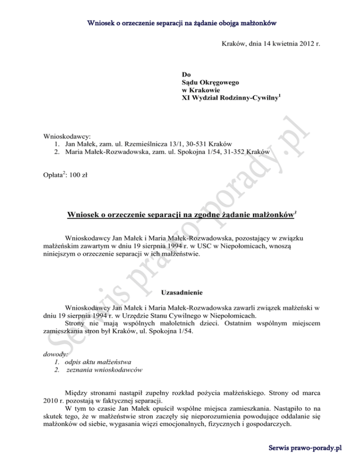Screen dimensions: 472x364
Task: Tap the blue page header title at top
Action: pos(182,22)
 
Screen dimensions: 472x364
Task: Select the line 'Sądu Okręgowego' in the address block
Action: pos(211,83)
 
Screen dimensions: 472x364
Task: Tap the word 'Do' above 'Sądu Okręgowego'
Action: pos(186,75)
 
